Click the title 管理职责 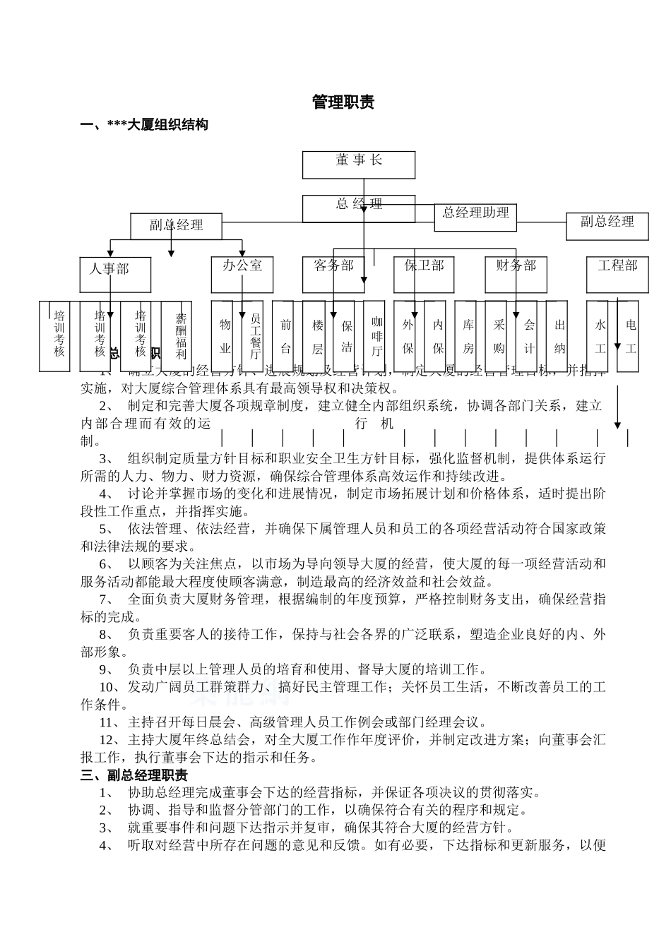[x=343, y=102]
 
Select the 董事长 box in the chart [x=359, y=165]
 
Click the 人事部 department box [x=115, y=274]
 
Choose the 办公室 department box [x=242, y=274]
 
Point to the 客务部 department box [x=333, y=274]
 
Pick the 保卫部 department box [x=424, y=274]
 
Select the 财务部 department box [x=516, y=274]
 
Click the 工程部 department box [x=617, y=274]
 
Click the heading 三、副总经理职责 [x=134, y=775]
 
